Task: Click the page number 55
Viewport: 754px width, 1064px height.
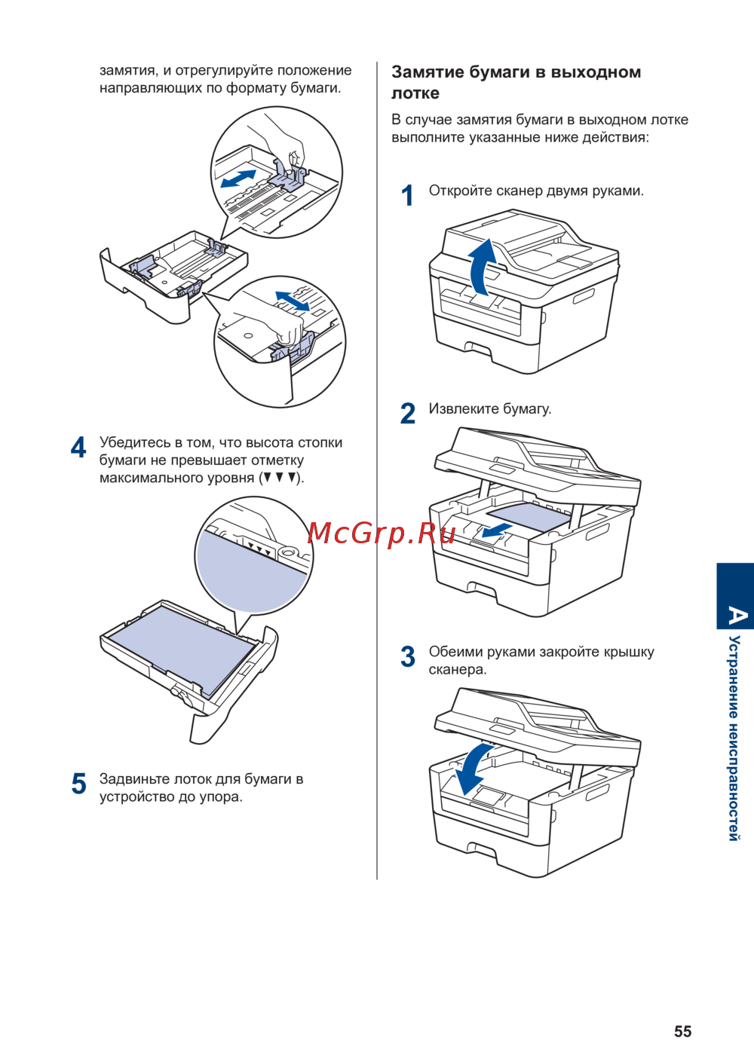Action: tap(682, 1032)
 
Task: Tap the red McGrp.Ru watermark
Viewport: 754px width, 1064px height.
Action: tap(382, 534)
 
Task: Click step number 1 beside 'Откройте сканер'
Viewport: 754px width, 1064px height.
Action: tap(408, 196)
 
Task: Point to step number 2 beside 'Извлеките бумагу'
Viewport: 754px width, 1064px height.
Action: tap(408, 414)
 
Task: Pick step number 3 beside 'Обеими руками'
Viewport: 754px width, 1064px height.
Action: tap(408, 656)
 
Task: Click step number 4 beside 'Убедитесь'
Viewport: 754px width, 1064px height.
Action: tap(78, 448)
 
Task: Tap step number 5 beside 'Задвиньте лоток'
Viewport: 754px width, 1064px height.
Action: tap(78, 784)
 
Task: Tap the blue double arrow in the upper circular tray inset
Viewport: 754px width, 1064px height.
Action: tap(238, 179)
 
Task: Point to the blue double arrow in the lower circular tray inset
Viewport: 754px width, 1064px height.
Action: tap(292, 300)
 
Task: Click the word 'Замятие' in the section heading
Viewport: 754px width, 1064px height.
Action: tap(428, 72)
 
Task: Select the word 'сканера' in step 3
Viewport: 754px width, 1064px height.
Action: tap(457, 669)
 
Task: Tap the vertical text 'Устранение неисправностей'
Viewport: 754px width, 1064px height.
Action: tap(734, 738)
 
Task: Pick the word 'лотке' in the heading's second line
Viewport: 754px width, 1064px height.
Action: tap(415, 93)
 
